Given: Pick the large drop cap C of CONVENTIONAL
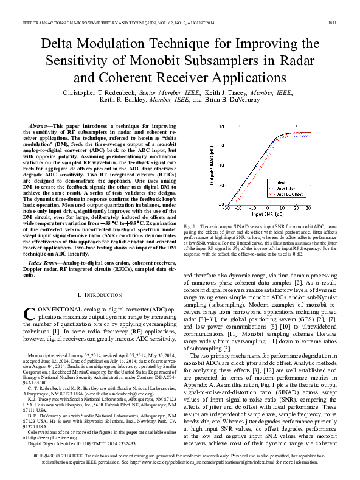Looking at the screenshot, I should click(x=30, y=315).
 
